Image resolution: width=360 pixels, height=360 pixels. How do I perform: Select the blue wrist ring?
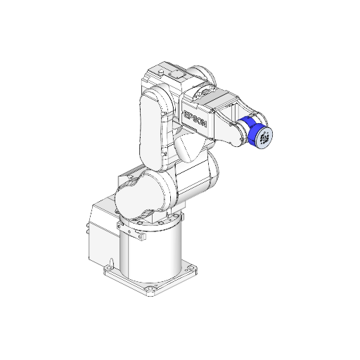[x=248, y=133]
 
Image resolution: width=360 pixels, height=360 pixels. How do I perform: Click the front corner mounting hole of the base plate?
[x=148, y=290]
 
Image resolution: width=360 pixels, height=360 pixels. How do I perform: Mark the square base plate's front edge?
[x=127, y=281]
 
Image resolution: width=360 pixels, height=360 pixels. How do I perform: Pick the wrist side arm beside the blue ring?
[x=229, y=130]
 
